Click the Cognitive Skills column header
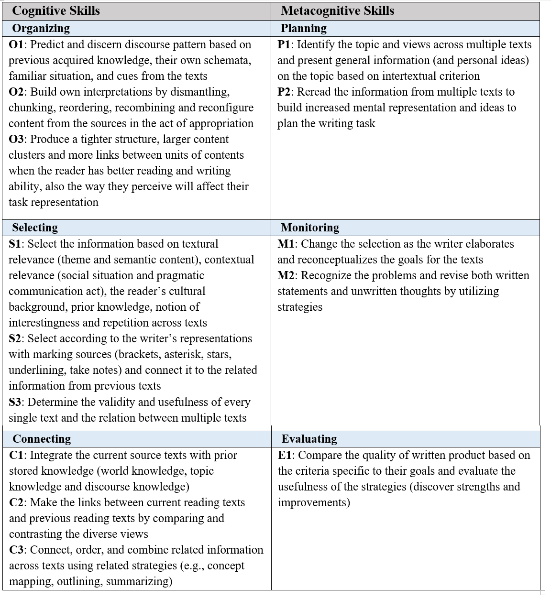pyautogui.click(x=56, y=11)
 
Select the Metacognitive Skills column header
pyautogui.click(x=337, y=11)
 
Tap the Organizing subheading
pyautogui.click(x=41, y=28)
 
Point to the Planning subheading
pyautogui.click(x=304, y=28)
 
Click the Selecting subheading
pyautogui.click(x=35, y=228)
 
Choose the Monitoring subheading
pyautogui.click(x=310, y=228)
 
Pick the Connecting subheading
pyautogui.click(x=42, y=439)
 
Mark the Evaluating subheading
pyautogui.click(x=309, y=439)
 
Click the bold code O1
pyautogui.click(x=16, y=44)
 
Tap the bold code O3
pyautogui.click(x=16, y=139)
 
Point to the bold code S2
pyautogui.click(x=15, y=338)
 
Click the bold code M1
pyautogui.click(x=286, y=244)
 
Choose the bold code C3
pyautogui.click(x=17, y=550)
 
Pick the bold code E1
pyautogui.click(x=285, y=455)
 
